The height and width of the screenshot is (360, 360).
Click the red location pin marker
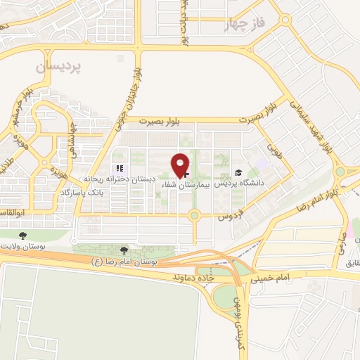(x=181, y=166)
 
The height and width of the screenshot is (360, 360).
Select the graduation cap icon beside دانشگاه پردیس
(x=238, y=173)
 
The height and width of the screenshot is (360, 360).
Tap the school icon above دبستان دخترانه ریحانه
(x=119, y=169)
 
